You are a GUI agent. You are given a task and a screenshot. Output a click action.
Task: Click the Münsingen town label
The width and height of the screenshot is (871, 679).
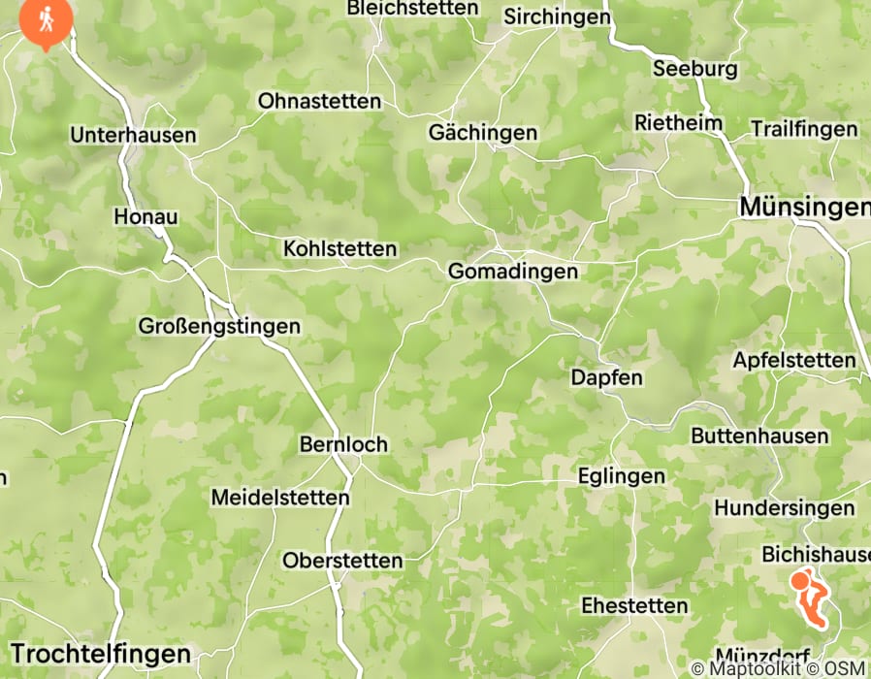804,207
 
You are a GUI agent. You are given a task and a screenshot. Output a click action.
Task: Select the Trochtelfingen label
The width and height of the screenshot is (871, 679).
101,652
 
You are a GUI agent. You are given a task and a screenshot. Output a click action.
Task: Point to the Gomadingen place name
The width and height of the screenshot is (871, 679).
512,272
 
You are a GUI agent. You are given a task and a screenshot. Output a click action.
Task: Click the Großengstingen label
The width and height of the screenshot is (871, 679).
219,326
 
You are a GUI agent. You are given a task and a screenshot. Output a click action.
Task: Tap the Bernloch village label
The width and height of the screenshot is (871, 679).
343,444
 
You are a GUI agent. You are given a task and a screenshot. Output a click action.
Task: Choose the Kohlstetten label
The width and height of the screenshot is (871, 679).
339,249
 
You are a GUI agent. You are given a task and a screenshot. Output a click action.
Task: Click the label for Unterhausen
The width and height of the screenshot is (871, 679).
133,135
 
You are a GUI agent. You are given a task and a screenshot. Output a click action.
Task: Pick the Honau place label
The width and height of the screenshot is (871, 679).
145,216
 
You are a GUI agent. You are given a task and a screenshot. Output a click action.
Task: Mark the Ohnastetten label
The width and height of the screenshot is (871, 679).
319,101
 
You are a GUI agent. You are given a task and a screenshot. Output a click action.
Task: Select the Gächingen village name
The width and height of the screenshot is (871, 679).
483,132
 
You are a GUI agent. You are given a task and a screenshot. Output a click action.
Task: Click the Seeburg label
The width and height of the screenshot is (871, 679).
694,69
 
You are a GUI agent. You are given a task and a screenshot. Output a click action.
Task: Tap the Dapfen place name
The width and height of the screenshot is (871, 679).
607,376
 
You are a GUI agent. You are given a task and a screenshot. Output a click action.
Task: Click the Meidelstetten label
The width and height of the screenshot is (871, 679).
280,498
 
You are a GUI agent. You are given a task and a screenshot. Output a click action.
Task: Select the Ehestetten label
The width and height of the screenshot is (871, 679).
634,605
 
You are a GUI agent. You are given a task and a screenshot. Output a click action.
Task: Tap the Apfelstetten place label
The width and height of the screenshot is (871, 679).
794,360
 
